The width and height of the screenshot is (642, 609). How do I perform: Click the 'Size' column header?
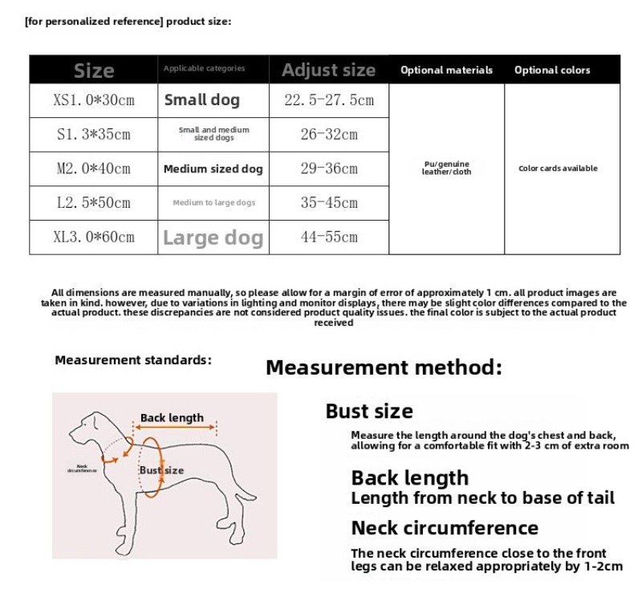pyautogui.click(x=94, y=70)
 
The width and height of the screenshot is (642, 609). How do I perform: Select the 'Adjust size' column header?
pyautogui.click(x=328, y=70)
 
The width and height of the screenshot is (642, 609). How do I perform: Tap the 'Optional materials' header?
pyautogui.click(x=446, y=70)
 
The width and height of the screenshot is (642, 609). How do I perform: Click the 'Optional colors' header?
pyautogui.click(x=552, y=70)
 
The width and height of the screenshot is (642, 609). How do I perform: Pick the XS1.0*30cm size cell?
pyautogui.click(x=94, y=100)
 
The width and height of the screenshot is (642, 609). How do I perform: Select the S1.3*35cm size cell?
pyautogui.click(x=94, y=134)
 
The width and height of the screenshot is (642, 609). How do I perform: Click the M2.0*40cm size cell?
pyautogui.click(x=94, y=168)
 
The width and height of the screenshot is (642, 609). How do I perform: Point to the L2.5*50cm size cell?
pyautogui.click(x=94, y=203)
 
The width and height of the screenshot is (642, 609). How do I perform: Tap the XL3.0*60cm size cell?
pyautogui.click(x=94, y=238)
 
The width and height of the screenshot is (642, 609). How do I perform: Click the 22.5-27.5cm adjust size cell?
pyautogui.click(x=329, y=100)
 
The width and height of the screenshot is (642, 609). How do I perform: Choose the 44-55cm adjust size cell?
pyautogui.click(x=329, y=238)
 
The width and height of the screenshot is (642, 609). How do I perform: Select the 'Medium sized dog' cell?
pyautogui.click(x=213, y=169)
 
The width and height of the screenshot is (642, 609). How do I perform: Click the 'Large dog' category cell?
pyautogui.click(x=213, y=238)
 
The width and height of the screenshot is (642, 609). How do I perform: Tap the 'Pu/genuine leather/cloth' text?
pyautogui.click(x=446, y=168)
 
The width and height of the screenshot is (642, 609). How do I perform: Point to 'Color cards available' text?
pyautogui.click(x=558, y=168)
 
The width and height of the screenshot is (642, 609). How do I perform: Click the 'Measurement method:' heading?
pyautogui.click(x=384, y=367)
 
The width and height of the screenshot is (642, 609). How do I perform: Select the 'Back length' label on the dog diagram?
pyautogui.click(x=172, y=418)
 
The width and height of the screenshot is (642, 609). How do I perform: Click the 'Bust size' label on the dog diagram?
pyautogui.click(x=161, y=470)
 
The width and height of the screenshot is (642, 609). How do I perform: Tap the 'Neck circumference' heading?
pyautogui.click(x=445, y=528)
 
